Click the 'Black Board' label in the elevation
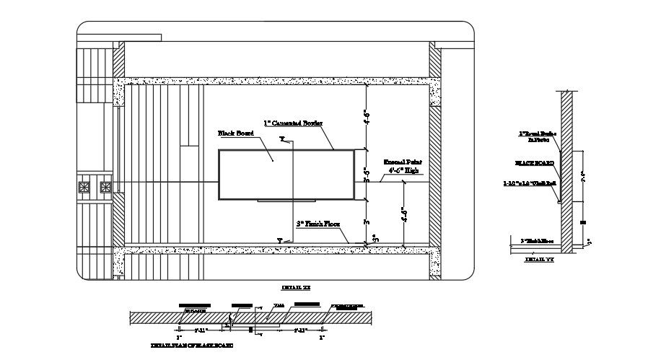point(234,133)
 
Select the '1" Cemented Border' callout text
point(292,123)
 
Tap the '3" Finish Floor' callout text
point(318,224)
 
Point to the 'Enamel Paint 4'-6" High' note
point(401,167)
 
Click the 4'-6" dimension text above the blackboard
point(366,116)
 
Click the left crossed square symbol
point(84,188)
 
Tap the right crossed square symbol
point(106,188)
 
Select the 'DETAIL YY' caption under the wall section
point(539,258)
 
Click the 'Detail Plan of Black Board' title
point(191,346)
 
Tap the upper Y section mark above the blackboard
point(282,137)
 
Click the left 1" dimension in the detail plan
point(179,337)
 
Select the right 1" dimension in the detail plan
point(322,337)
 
